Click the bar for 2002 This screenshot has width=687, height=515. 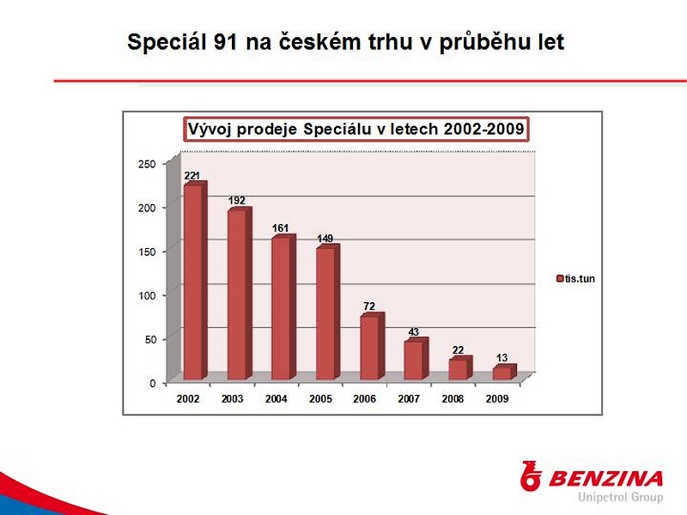(x=195, y=281)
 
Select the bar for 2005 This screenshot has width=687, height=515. (x=328, y=312)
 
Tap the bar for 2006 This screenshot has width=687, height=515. (x=373, y=346)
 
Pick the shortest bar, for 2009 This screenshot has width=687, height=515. (x=505, y=372)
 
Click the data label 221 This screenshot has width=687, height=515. (x=192, y=176)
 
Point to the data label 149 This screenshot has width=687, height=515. (x=325, y=239)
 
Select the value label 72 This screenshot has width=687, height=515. (x=369, y=306)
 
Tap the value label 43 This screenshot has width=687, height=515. (x=414, y=332)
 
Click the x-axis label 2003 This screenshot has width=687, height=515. (x=232, y=399)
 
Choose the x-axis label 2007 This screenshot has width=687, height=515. (x=409, y=399)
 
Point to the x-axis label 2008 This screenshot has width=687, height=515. (x=453, y=399)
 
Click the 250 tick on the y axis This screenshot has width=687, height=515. (x=147, y=164)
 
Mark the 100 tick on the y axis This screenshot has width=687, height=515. (x=147, y=295)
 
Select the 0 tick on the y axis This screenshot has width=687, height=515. (x=153, y=384)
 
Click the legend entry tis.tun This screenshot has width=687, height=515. (x=575, y=278)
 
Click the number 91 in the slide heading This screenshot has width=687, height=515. (x=226, y=42)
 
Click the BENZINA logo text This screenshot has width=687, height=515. (x=605, y=479)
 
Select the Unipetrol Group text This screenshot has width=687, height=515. (x=620, y=498)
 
